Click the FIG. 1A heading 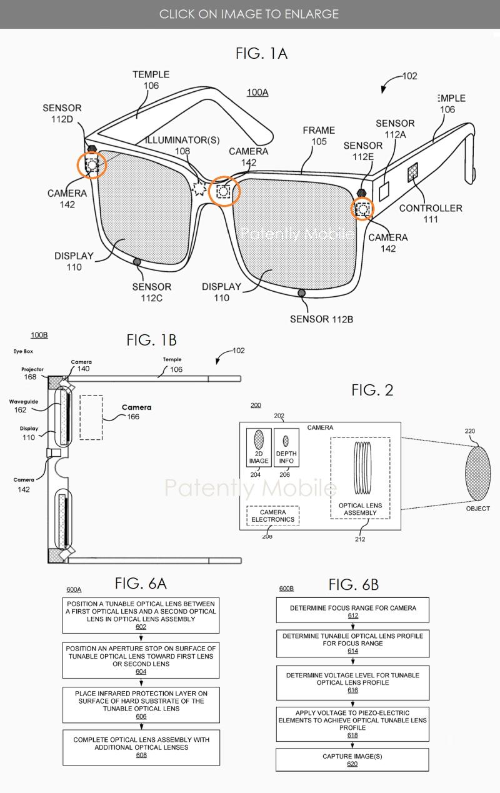(x=261, y=54)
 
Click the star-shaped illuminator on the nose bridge (x=202, y=187)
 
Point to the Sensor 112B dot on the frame (x=302, y=292)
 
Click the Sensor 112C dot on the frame (x=137, y=262)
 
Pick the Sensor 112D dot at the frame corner (x=91, y=149)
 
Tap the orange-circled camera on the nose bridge (x=224, y=192)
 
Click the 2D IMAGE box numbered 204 (x=259, y=447)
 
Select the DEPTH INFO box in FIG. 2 (x=286, y=447)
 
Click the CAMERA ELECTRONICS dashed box (x=272, y=516)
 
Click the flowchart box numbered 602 (x=141, y=616)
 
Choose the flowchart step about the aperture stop (x=141, y=661)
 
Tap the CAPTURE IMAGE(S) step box (x=352, y=760)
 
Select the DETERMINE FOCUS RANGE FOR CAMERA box (x=352, y=611)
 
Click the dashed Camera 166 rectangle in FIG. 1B (x=91, y=417)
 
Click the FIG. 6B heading (x=354, y=585)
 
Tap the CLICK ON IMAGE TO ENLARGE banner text (x=249, y=14)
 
